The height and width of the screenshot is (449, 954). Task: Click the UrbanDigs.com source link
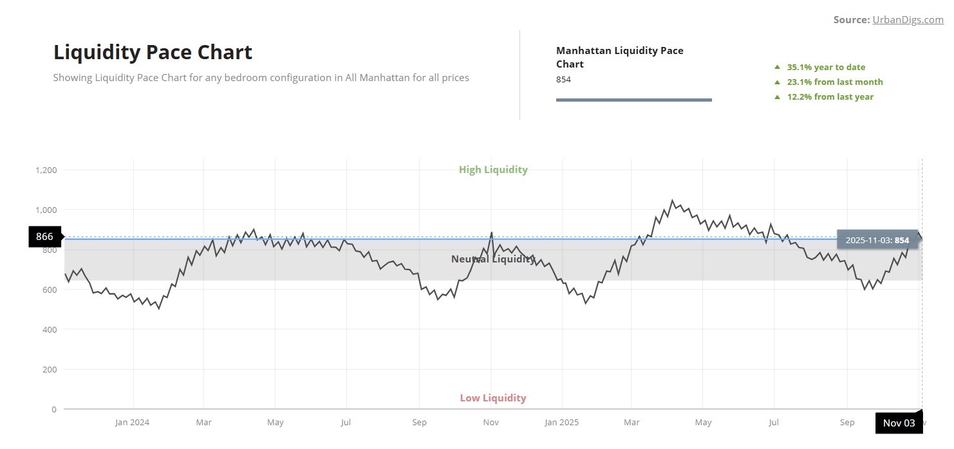[x=908, y=20]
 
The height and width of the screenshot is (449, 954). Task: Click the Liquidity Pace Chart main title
[x=153, y=52]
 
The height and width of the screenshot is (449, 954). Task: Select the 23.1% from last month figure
[x=835, y=82]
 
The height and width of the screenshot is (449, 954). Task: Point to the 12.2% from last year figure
[x=830, y=96]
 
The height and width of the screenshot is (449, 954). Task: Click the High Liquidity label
[x=493, y=170]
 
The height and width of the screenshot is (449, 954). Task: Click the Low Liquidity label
[x=492, y=398]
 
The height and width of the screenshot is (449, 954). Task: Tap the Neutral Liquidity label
[x=492, y=259]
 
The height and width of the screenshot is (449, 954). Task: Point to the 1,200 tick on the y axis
[x=46, y=170]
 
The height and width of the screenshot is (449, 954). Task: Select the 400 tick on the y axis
[x=50, y=329]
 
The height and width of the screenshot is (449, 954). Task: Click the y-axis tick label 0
[x=54, y=409]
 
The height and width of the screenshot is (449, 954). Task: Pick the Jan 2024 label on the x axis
[x=132, y=423]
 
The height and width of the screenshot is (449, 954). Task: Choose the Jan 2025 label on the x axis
[x=561, y=423]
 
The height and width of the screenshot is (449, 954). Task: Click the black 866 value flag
[x=45, y=237]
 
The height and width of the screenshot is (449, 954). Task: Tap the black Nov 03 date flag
[x=899, y=423]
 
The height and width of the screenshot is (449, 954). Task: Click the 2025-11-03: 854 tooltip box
[x=877, y=240]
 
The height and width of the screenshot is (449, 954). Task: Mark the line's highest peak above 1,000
[x=672, y=201]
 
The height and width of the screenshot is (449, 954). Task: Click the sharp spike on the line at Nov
[x=492, y=233]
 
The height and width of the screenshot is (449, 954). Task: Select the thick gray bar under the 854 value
[x=633, y=100]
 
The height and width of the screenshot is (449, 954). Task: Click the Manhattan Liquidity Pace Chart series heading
[x=619, y=57]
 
